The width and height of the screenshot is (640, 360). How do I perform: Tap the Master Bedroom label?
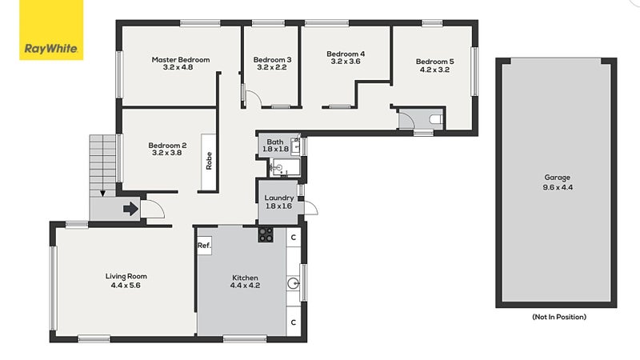(x=181, y=60)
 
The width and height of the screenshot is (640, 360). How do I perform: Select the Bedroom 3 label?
(x=272, y=60)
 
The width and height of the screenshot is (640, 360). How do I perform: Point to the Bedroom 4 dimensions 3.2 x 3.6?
(x=346, y=62)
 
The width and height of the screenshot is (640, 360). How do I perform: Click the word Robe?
(x=210, y=162)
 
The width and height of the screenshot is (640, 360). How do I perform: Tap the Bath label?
(x=275, y=141)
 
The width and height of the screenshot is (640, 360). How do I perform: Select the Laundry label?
(x=279, y=198)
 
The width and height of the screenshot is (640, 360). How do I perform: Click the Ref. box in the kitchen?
(x=203, y=246)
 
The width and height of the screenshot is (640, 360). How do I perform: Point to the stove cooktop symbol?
(x=266, y=234)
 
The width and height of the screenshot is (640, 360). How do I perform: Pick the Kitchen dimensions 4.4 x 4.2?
(x=246, y=285)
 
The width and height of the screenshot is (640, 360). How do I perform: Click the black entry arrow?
(x=129, y=210)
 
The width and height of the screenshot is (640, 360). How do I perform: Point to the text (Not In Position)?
(x=559, y=318)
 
